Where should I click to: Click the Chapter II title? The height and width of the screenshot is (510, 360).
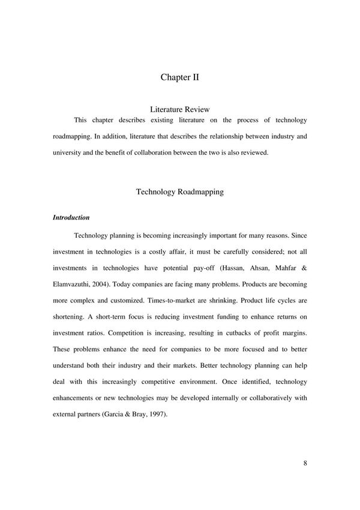pyautogui.click(x=180, y=77)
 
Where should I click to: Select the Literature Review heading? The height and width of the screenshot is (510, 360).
pyautogui.click(x=180, y=110)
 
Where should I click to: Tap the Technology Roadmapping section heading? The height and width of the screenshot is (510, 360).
pyautogui.click(x=180, y=192)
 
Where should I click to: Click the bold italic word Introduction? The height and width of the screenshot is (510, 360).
pyautogui.click(x=71, y=218)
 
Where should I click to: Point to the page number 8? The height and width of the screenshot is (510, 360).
pyautogui.click(x=305, y=463)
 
